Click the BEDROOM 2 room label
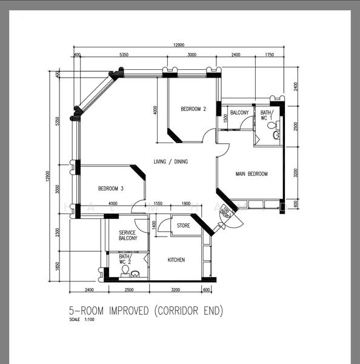[193, 109]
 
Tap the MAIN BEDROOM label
[252, 174]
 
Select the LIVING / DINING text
[170, 161]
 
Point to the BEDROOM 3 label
[111, 189]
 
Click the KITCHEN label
[176, 260]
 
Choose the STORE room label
[183, 226]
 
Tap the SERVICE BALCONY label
[127, 235]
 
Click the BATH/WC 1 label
[267, 115]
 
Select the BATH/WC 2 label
[125, 259]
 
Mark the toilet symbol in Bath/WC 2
[125, 271]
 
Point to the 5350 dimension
[124, 55]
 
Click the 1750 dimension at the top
[270, 55]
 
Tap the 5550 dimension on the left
[58, 121]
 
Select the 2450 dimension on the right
[295, 86]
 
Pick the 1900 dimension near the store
[186, 203]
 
